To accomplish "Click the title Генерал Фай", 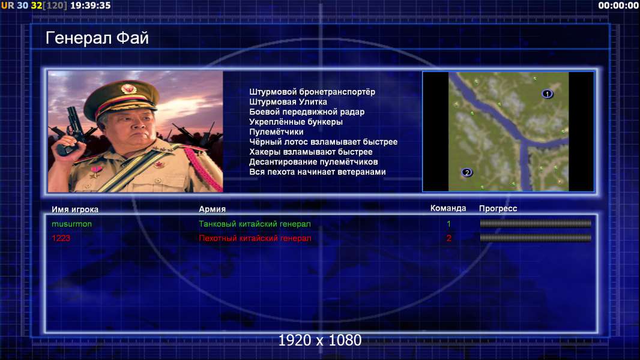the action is (x=97, y=38).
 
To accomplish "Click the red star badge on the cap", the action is (x=128, y=88).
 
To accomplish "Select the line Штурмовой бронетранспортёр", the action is (x=312, y=92).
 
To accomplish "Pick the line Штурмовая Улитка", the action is (x=288, y=102).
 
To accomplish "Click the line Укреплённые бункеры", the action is (x=296, y=122).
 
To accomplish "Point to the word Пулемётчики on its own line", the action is (x=276, y=131).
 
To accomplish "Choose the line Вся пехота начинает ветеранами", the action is (x=318, y=172).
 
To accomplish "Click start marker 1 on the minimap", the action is (x=548, y=94).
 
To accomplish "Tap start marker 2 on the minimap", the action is (x=467, y=172).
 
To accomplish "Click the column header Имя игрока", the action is (x=74, y=209).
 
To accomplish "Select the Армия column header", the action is (x=213, y=209).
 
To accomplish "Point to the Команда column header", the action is (x=448, y=208).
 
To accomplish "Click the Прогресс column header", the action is (x=498, y=209).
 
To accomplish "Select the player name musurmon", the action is (x=72, y=224).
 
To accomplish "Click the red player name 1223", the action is (x=61, y=238).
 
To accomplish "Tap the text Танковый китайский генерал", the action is (x=255, y=224).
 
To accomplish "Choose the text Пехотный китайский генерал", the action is (x=255, y=238).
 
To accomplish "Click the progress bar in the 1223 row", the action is (x=536, y=238).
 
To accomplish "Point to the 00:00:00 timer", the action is (x=618, y=5).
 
